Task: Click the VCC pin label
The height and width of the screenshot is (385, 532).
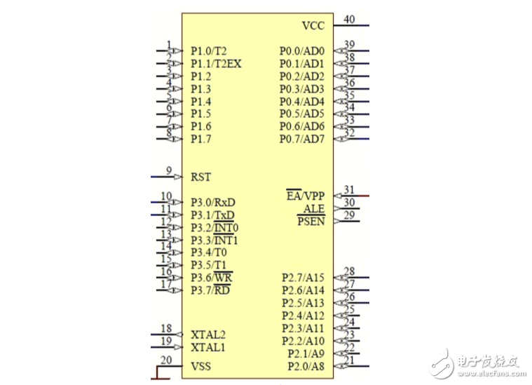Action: coord(313,25)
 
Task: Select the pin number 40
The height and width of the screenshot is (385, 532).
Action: coord(349,19)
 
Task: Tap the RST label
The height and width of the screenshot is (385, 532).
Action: coord(201,177)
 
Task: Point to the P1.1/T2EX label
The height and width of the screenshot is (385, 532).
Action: coord(216,64)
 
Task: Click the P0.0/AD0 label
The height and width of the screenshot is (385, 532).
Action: coord(302,51)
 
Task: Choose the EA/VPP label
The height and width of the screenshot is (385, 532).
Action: coord(306,195)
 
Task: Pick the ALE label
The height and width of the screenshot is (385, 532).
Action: coord(314,208)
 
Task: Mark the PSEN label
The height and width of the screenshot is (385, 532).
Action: coord(311,221)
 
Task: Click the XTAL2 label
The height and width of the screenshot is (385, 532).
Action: coord(208,335)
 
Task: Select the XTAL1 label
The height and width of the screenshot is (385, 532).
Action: coord(208,347)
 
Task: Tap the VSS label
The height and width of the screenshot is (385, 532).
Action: coord(201,366)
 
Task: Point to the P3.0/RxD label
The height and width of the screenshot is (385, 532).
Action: coord(213,203)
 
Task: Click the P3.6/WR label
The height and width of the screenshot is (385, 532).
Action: coord(212,278)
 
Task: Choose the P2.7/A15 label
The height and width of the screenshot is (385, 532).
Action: coord(303,278)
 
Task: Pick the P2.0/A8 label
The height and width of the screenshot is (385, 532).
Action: coord(306,366)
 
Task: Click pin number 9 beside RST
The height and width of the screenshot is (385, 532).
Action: coord(169,170)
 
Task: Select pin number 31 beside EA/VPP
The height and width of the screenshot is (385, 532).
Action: coord(349,189)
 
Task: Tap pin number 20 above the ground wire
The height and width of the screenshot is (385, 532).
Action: coord(166,360)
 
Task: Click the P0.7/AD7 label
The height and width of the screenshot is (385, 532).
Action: coord(302,139)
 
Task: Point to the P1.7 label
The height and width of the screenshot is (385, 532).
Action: coord(201,139)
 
